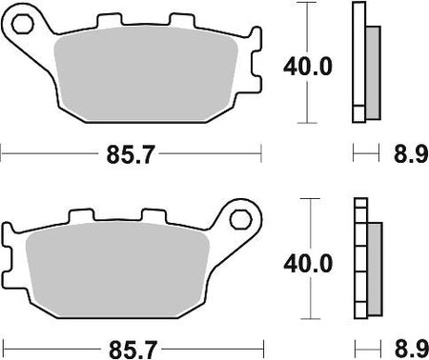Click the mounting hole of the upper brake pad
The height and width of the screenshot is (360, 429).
23,24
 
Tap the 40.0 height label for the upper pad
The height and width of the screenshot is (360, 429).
308,67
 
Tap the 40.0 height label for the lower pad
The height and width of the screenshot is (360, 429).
308,264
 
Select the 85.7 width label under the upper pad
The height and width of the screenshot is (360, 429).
130,154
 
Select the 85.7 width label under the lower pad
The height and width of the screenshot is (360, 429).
133,350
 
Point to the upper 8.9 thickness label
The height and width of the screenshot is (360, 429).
411,154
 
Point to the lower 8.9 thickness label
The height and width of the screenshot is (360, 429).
411,349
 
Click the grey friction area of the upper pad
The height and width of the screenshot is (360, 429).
146,74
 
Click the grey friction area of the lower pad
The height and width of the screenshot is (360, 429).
117,270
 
